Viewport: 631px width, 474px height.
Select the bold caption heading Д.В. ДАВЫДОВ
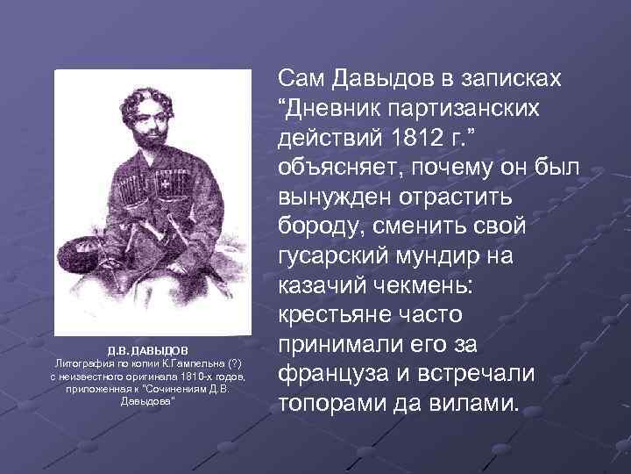[146, 349]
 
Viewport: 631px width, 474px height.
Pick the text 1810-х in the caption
[191, 376]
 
